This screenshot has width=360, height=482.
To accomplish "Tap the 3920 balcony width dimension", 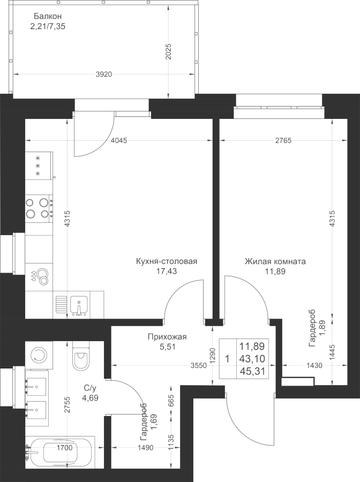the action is coord(103,74).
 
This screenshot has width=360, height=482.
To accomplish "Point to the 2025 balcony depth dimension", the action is coord(168,51).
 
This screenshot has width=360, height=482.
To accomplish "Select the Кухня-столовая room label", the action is coord(166,261).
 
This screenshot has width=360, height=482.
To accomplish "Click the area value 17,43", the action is coord(166,271).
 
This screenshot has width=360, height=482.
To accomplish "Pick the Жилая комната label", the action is coord(275,261).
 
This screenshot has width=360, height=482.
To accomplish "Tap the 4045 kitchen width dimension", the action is coord(119,140).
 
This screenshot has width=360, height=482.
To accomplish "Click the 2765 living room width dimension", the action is coord(283,140).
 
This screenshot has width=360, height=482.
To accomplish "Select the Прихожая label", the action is coord(167,337).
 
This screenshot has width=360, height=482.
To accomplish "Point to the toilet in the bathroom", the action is coord(81,357).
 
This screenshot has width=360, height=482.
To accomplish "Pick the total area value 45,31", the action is coord(252,371).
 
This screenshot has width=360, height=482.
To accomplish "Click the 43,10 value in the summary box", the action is coord(252,359).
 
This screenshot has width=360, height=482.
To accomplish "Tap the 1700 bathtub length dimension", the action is coord(65,448).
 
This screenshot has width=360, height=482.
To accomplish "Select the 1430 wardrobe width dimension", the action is coord(314,366).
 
